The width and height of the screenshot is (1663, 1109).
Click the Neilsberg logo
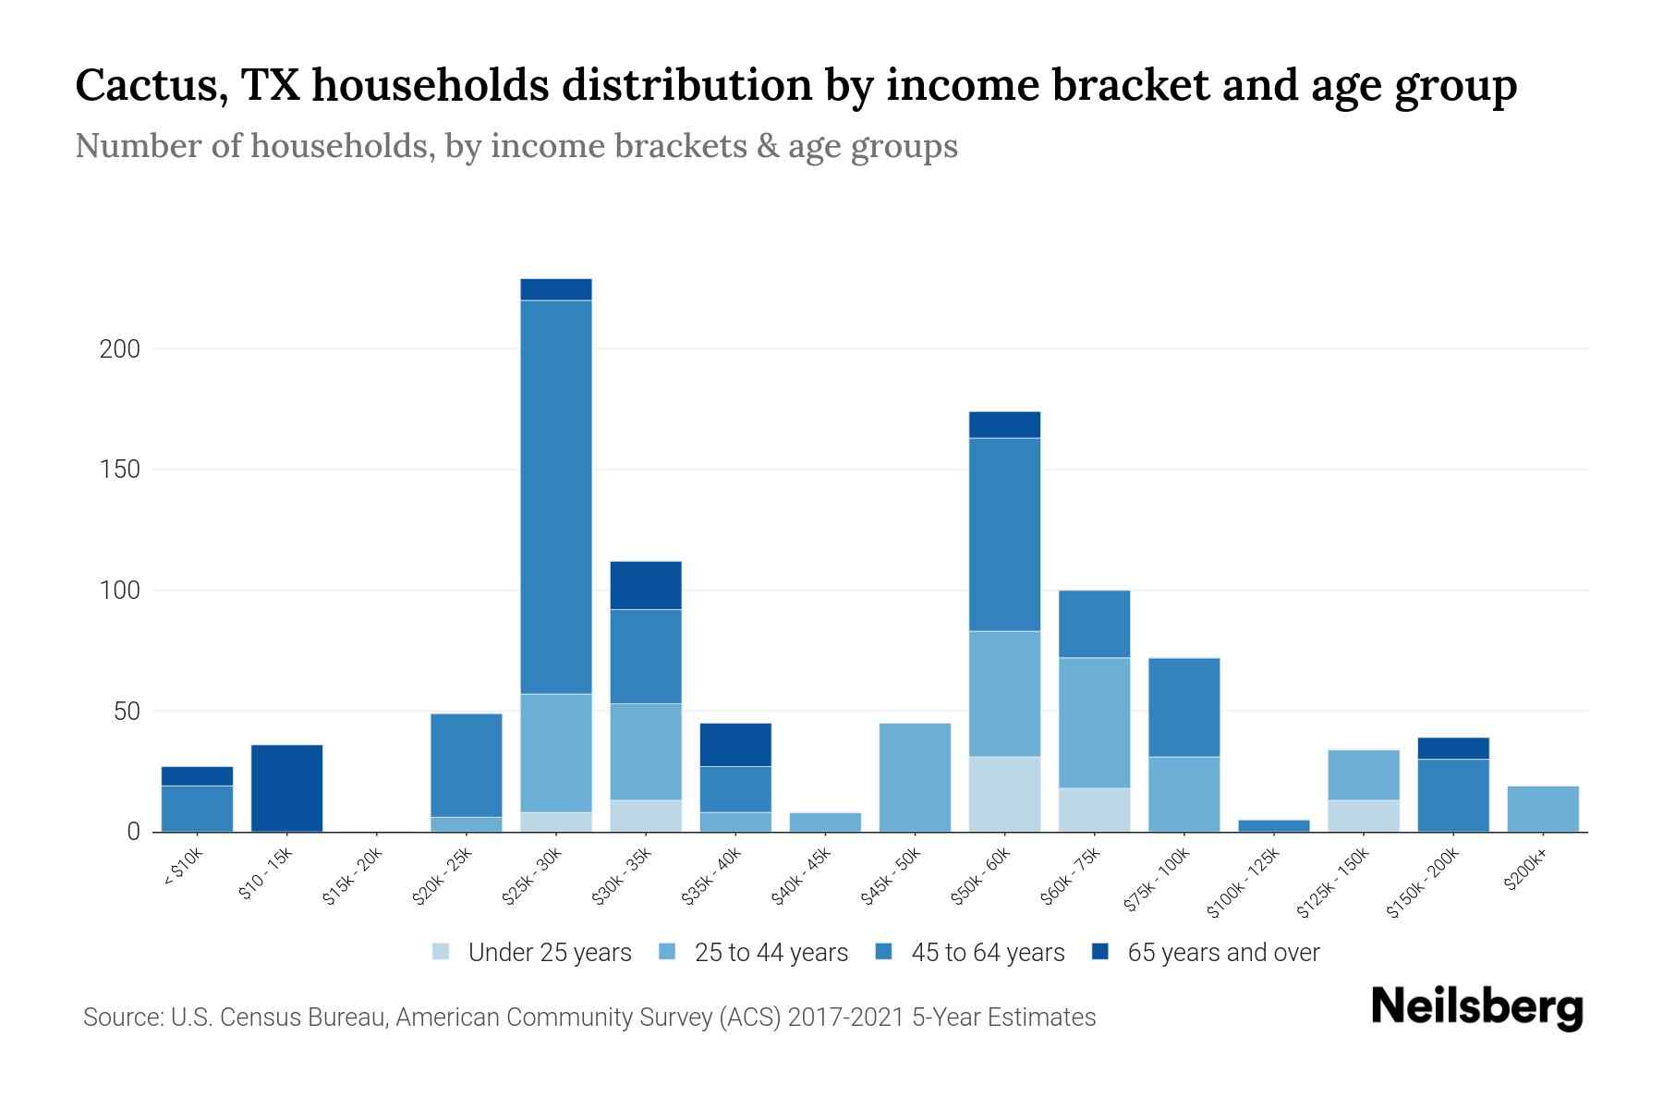point(1476,1006)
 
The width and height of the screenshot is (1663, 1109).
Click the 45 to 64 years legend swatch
point(884,952)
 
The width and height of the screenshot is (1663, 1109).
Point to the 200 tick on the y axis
point(119,349)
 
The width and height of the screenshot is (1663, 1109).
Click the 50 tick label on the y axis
point(126,712)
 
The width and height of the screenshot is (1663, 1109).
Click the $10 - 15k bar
point(286,787)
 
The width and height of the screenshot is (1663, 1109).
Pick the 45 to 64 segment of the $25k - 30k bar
point(556,496)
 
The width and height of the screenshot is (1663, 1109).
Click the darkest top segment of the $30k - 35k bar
point(646,585)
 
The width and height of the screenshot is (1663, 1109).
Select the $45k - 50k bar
point(915,776)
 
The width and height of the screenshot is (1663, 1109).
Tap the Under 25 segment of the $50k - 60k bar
point(1004,794)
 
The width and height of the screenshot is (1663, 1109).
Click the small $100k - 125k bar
point(1273,825)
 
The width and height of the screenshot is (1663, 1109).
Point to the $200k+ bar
point(1542,809)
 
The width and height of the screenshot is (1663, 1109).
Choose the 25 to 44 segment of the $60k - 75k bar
point(1094,722)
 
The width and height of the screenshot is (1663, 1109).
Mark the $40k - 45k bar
point(825,822)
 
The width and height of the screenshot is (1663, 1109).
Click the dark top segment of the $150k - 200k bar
point(1452,748)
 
